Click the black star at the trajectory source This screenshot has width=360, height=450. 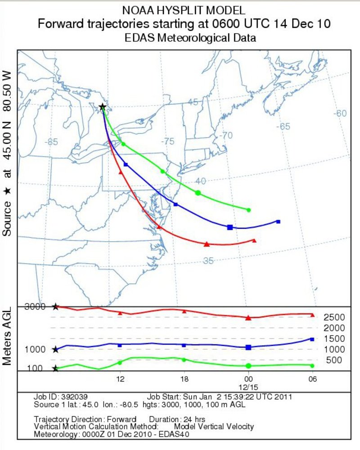[x=103, y=107]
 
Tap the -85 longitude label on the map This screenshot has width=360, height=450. [x=52, y=142]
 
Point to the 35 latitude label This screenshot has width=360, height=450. [x=208, y=261]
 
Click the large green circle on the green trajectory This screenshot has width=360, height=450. [x=198, y=193]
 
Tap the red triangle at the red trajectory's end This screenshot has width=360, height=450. [x=254, y=241]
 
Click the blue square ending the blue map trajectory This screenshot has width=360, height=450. [x=278, y=222]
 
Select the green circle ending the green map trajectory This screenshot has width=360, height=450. [x=248, y=210]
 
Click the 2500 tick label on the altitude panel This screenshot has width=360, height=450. [x=334, y=317]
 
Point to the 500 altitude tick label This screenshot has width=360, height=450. [x=333, y=359]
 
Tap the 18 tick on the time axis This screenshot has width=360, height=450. [x=184, y=379]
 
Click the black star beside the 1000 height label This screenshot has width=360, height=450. [x=55, y=349]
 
